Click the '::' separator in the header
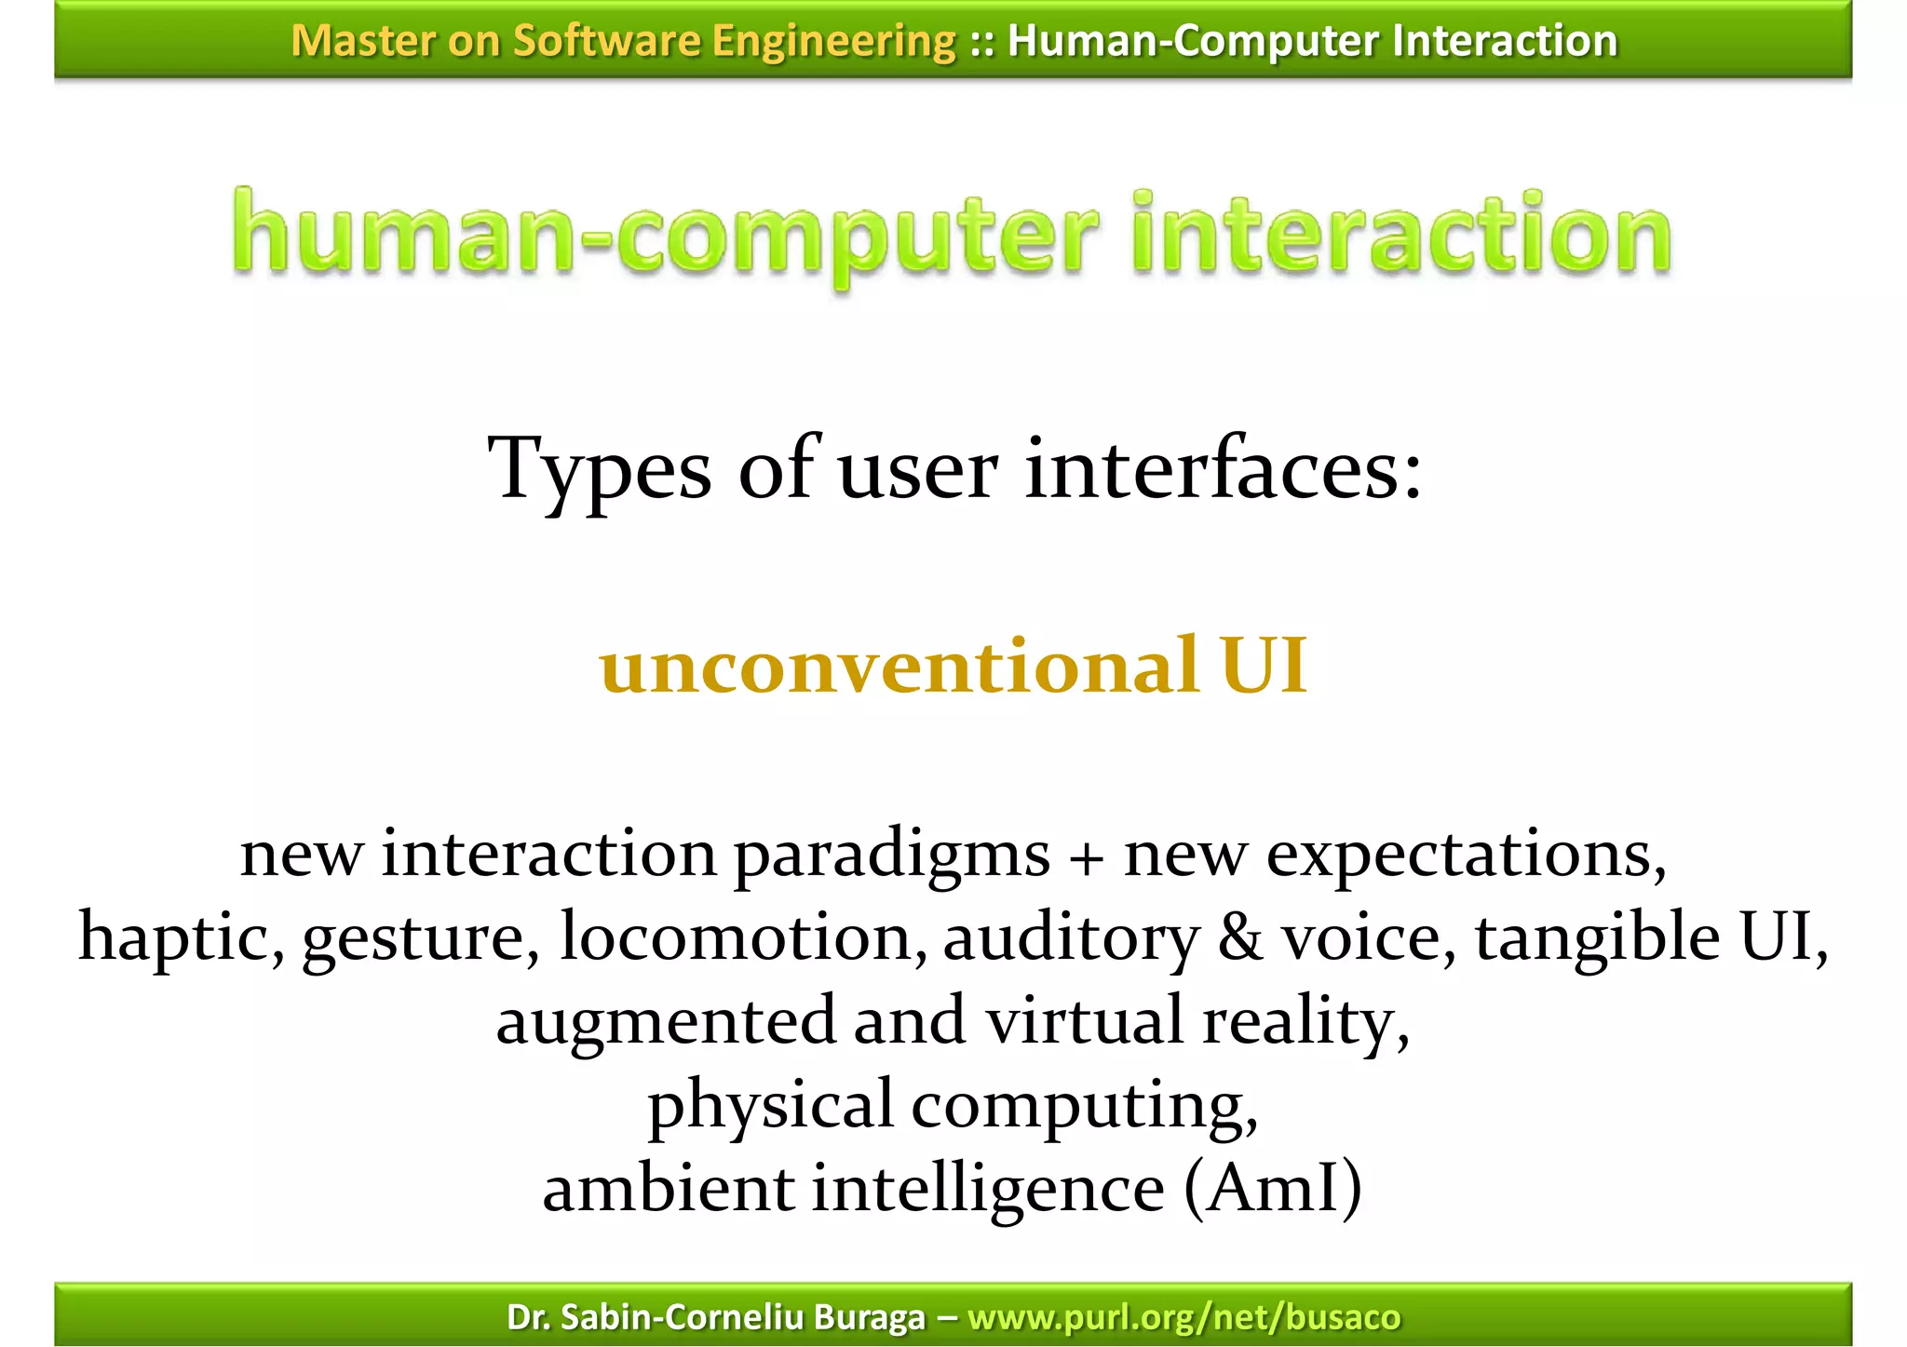[981, 42]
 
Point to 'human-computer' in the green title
[666, 237]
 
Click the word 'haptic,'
[182, 938]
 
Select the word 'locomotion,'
[743, 938]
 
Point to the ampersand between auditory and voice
[1240, 938]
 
